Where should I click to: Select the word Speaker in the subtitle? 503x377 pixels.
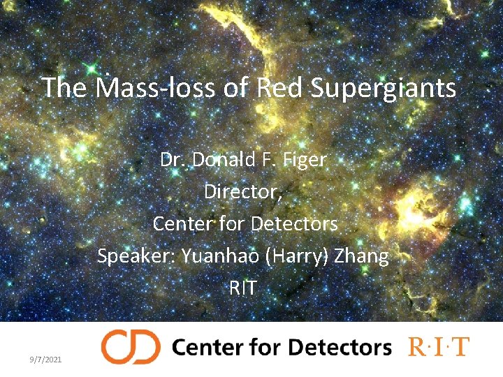click(136, 256)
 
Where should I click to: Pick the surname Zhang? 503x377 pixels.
click(361, 256)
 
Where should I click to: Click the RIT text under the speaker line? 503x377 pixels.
click(242, 288)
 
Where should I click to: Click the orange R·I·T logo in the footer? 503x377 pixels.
click(439, 347)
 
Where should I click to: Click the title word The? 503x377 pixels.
click(66, 88)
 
